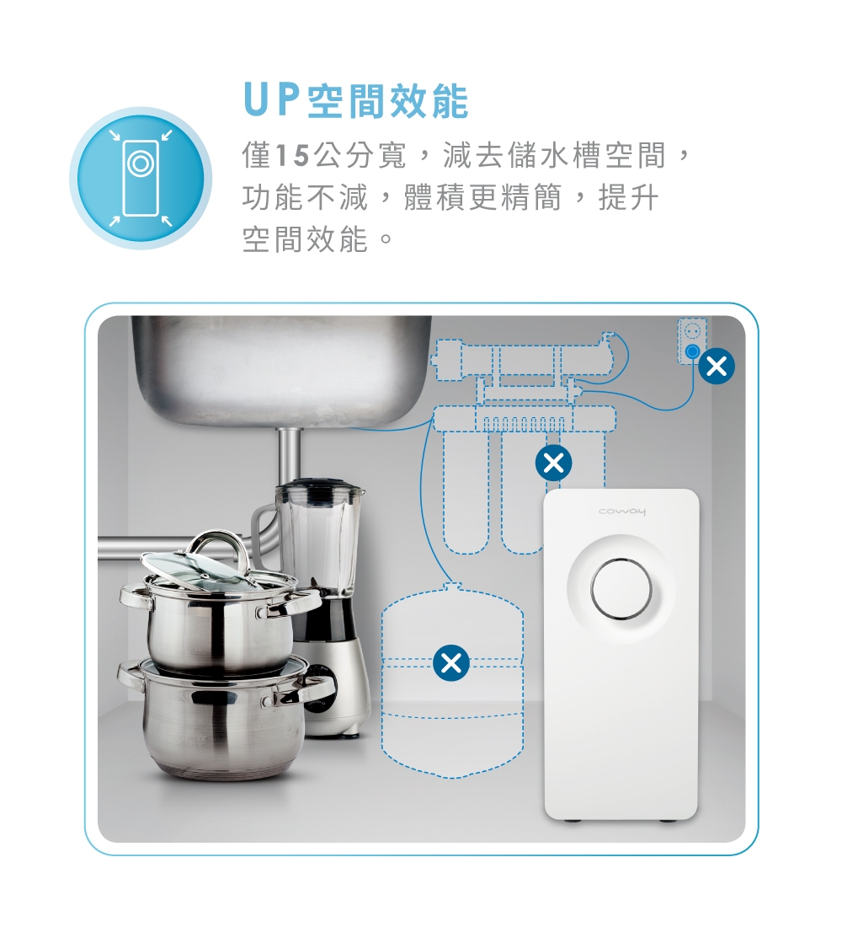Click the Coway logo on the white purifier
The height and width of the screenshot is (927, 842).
click(621, 512)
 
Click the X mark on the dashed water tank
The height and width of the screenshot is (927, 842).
click(451, 663)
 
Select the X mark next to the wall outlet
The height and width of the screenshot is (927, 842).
click(717, 367)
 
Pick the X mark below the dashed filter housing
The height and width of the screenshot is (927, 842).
click(554, 463)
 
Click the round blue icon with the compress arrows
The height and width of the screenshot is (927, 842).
click(141, 178)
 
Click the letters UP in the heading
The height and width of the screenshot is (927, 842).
click(269, 100)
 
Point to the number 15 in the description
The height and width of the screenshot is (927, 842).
click(292, 156)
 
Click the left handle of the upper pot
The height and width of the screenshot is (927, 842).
click(133, 595)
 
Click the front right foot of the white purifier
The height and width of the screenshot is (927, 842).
click(668, 821)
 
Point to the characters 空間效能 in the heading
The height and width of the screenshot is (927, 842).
click(388, 100)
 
